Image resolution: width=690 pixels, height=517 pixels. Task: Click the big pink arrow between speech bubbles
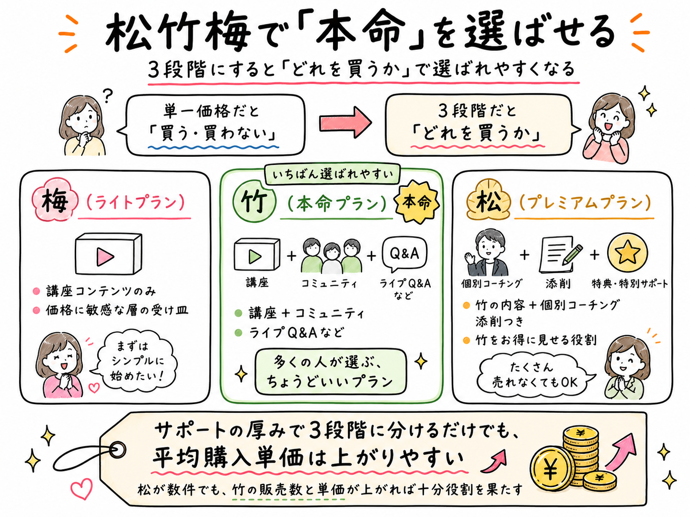[x=345, y=122]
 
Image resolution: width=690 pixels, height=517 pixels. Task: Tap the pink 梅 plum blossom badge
[x=55, y=200]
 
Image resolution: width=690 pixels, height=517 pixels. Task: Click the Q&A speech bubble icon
[x=404, y=254]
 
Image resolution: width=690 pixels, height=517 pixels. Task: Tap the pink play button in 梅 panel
[x=105, y=257]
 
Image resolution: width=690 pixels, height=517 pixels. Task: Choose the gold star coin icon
[x=628, y=253]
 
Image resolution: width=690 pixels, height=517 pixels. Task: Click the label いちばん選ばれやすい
[x=332, y=174]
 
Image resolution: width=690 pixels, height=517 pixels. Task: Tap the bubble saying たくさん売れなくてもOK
[x=535, y=375]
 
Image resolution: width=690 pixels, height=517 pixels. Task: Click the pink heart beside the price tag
[x=82, y=488]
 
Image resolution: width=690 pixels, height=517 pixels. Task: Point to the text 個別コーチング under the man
[x=491, y=284]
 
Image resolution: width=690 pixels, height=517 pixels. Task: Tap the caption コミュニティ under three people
[x=329, y=284]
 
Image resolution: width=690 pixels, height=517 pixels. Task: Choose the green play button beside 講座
[x=255, y=257]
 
